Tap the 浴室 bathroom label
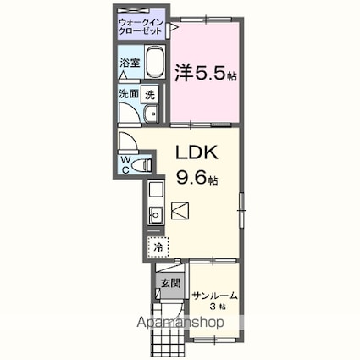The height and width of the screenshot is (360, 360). point(129,62)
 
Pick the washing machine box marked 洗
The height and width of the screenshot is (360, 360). point(150,95)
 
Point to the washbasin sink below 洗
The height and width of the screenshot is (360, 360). point(151,116)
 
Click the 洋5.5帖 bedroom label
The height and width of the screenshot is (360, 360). point(206,73)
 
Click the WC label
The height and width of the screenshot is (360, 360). point(125,163)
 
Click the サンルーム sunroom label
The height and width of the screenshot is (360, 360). point(215,296)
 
